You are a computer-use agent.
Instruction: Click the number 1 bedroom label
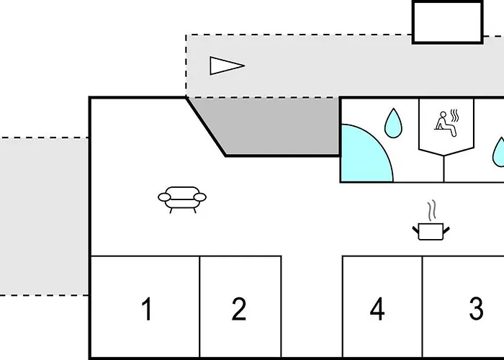147,309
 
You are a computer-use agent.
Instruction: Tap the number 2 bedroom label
239,309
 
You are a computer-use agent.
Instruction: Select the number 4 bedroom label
377,309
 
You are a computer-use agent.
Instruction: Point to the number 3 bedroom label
477,309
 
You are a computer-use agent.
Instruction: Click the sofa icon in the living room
182,199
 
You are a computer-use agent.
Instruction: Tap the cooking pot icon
431,231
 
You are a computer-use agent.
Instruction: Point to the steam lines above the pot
432,210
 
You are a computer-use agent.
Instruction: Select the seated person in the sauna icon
445,124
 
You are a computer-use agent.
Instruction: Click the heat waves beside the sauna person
455,115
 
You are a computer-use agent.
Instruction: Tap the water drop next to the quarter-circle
393,123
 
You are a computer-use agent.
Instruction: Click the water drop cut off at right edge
499,153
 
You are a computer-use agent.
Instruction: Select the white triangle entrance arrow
227,66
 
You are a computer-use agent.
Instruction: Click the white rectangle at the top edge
448,22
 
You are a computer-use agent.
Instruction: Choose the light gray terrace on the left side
44,216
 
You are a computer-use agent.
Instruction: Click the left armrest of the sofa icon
164,197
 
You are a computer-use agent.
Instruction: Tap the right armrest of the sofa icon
200,197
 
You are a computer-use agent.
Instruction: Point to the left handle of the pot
416,230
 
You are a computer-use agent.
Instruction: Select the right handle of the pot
446,230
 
